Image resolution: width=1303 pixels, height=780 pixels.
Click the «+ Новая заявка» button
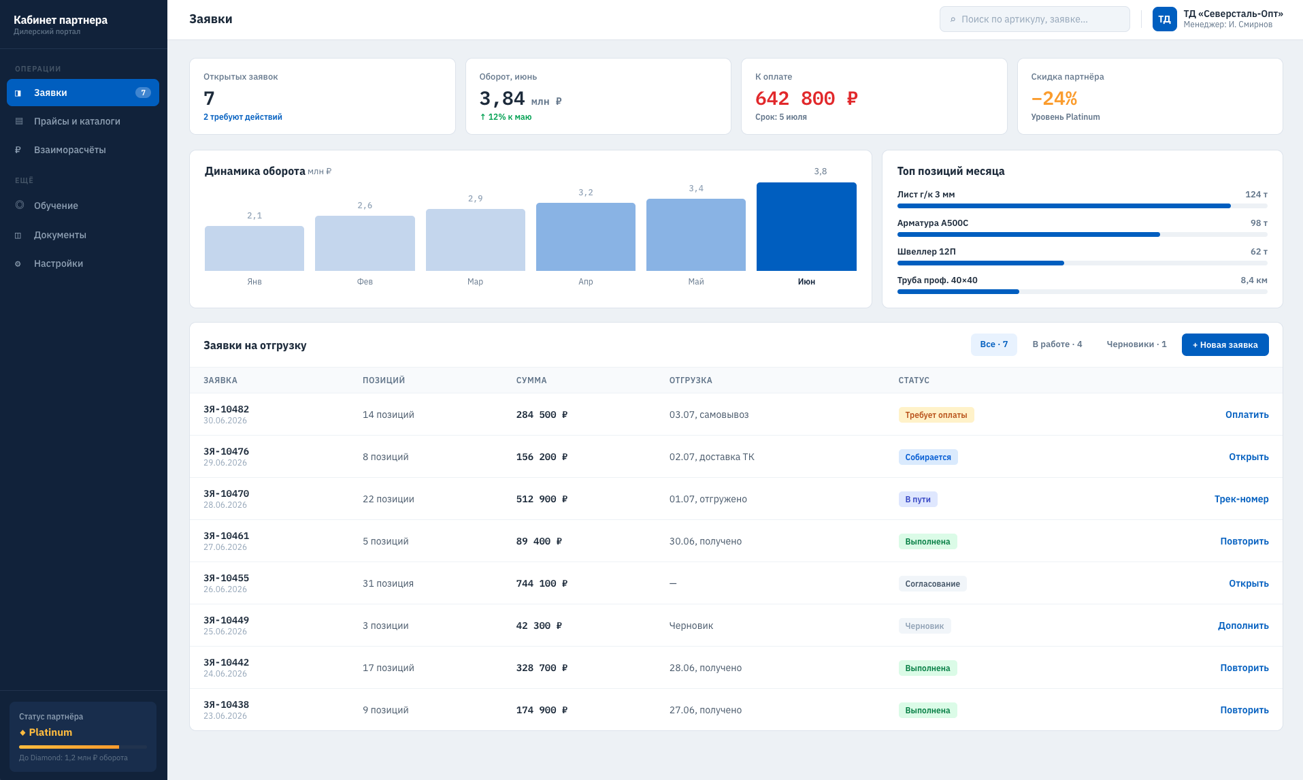point(1225,344)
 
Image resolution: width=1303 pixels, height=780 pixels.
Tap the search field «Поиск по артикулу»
point(1034,19)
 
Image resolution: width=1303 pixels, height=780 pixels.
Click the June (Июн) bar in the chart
point(806,227)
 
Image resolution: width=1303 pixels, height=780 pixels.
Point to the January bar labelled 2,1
point(254,248)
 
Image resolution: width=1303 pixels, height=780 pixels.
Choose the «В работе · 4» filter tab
point(1057,344)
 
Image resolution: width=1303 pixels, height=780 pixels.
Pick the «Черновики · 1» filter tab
point(1136,344)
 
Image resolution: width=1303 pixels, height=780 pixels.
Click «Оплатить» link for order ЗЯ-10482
point(1247,415)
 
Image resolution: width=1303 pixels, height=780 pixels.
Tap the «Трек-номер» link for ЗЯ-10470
point(1241,499)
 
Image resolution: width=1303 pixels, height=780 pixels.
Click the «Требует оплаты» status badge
point(936,415)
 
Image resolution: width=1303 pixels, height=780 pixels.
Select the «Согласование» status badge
point(932,583)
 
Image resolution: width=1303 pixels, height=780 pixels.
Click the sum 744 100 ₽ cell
point(542,583)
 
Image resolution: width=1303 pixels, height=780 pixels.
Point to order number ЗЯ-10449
point(226,620)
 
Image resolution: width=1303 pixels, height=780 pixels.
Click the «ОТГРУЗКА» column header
point(691,380)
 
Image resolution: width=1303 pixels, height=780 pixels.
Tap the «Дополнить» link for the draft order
point(1243,625)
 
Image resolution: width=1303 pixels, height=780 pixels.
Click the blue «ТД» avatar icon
point(1164,19)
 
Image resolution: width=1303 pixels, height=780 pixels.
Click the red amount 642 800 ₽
point(806,99)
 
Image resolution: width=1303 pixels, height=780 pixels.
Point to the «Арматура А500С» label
point(932,223)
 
